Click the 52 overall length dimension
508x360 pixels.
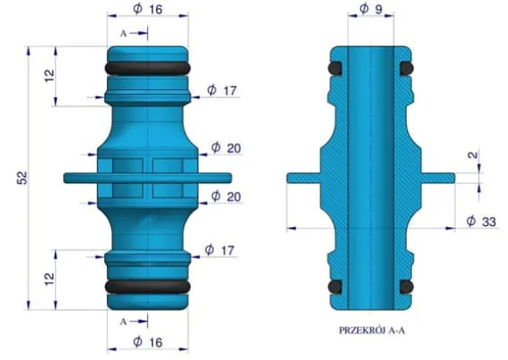click(x=23, y=178)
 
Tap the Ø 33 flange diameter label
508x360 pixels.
click(x=481, y=222)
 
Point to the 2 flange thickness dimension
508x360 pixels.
click(x=473, y=155)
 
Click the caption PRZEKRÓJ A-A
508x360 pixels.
click(x=371, y=330)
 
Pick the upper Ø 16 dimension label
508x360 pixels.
click(x=148, y=9)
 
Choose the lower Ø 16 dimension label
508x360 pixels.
click(x=148, y=342)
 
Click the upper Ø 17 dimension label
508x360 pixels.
click(x=222, y=90)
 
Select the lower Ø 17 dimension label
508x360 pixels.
click(x=219, y=250)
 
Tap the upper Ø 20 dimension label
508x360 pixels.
click(x=226, y=148)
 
